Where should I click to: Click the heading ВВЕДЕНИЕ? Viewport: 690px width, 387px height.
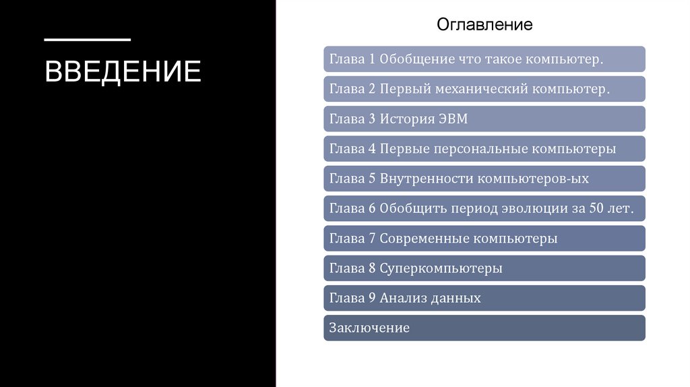(123, 71)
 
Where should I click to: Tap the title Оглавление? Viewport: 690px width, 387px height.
(484, 25)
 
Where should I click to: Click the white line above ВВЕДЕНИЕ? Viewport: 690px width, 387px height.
(87, 40)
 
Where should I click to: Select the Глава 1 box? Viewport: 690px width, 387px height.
(484, 59)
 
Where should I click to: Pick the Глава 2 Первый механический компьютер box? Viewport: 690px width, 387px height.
(484, 89)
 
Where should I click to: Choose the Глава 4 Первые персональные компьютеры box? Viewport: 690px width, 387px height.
(484, 149)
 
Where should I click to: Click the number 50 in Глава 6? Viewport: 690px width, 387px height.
(596, 208)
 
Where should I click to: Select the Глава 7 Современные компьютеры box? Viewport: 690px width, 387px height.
(484, 239)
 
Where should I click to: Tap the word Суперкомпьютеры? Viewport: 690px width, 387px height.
(441, 268)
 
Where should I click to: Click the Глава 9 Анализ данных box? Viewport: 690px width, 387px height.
(484, 298)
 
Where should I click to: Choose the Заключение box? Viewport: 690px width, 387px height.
(484, 328)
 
